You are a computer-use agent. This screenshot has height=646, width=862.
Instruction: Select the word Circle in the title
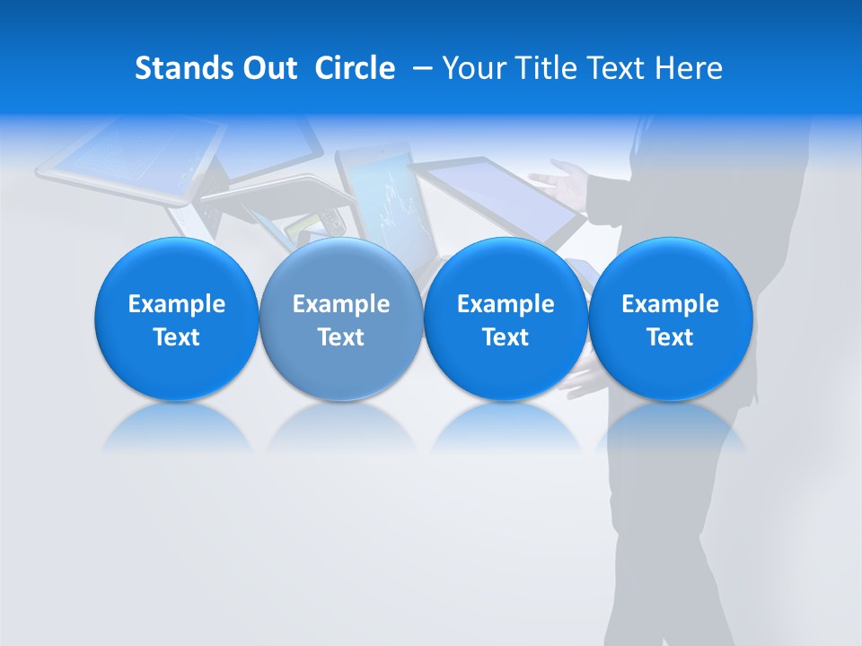click(x=355, y=68)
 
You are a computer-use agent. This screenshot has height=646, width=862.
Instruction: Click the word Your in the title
click(x=472, y=68)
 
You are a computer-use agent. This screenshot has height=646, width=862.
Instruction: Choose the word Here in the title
click(x=688, y=68)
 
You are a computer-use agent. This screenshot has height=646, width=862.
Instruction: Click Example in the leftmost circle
click(x=177, y=304)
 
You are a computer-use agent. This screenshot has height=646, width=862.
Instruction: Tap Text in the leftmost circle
click(x=177, y=337)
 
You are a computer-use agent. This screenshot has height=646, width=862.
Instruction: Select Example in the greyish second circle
click(x=341, y=304)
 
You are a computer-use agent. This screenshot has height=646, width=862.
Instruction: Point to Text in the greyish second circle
click(x=341, y=337)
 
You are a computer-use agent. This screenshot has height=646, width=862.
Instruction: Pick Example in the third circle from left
click(x=506, y=304)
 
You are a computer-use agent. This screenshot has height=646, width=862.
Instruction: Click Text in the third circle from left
click(x=506, y=337)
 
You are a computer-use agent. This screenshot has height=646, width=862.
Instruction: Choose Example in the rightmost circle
click(x=670, y=304)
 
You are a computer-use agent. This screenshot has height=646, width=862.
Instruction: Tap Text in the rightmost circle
click(x=670, y=337)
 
